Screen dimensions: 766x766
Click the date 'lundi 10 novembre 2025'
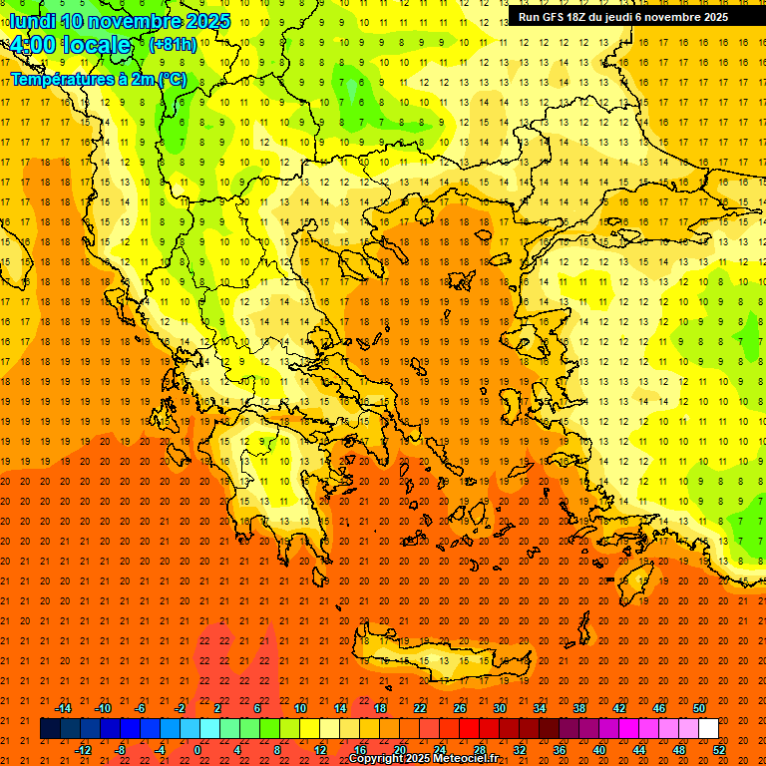coord(120,21)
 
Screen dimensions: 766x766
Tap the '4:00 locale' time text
coord(71,46)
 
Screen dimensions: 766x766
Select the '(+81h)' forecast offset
coord(173,45)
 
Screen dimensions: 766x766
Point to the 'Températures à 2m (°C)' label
coord(99,78)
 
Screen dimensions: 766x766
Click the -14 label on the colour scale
coord(64,707)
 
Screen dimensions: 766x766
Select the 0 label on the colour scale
coord(197,749)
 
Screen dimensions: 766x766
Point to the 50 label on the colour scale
coord(699,707)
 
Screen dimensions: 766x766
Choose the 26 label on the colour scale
coord(460,707)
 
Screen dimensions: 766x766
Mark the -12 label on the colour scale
coord(84,749)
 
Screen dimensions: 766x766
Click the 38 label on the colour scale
coord(579,707)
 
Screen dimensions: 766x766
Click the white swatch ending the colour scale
coord(708,728)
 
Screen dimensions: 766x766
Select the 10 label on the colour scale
coord(299,707)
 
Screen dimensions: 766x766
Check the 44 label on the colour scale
coord(639,749)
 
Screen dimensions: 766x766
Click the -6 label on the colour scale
coord(140,707)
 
